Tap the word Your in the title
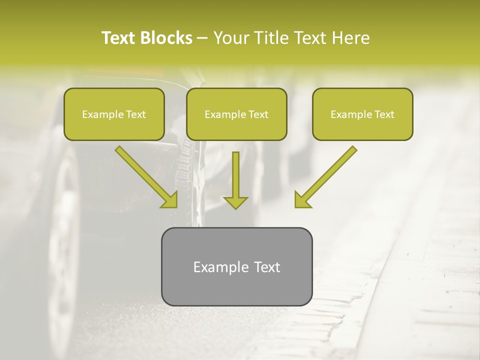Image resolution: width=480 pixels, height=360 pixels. pos(230,38)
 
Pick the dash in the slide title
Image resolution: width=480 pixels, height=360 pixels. pos(202,38)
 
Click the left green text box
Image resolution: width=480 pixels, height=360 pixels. pos(114,114)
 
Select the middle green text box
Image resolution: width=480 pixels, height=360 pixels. pos(236,114)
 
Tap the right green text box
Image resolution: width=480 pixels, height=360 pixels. pos(362,114)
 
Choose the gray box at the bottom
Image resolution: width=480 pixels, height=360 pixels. pos(236,266)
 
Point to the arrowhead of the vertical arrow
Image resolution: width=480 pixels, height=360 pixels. pos(235,202)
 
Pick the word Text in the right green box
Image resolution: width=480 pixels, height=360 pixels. pos(384,114)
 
